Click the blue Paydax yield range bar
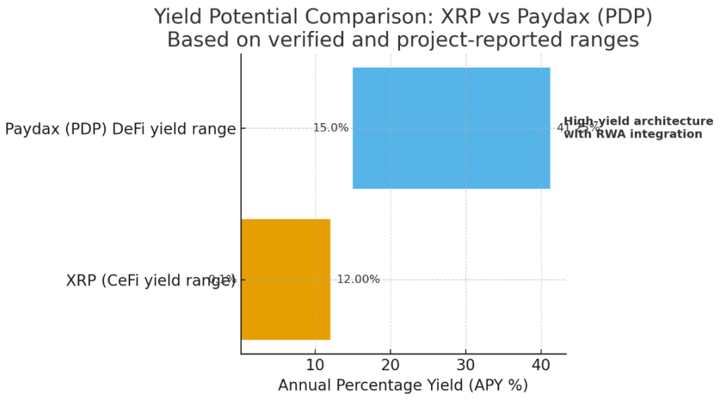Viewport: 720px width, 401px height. (x=451, y=128)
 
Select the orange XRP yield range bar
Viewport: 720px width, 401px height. (x=285, y=279)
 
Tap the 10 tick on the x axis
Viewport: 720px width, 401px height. (x=316, y=365)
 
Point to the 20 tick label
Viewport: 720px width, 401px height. (x=391, y=365)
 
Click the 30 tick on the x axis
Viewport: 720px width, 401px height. (x=465, y=365)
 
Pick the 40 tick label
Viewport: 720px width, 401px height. (x=541, y=365)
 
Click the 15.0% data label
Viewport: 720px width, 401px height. (x=331, y=128)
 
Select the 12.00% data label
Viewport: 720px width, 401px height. (x=359, y=279)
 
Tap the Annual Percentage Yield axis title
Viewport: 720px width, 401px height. (x=403, y=386)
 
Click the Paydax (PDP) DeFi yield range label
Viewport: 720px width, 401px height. (x=120, y=129)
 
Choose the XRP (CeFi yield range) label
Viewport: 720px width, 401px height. (x=150, y=280)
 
